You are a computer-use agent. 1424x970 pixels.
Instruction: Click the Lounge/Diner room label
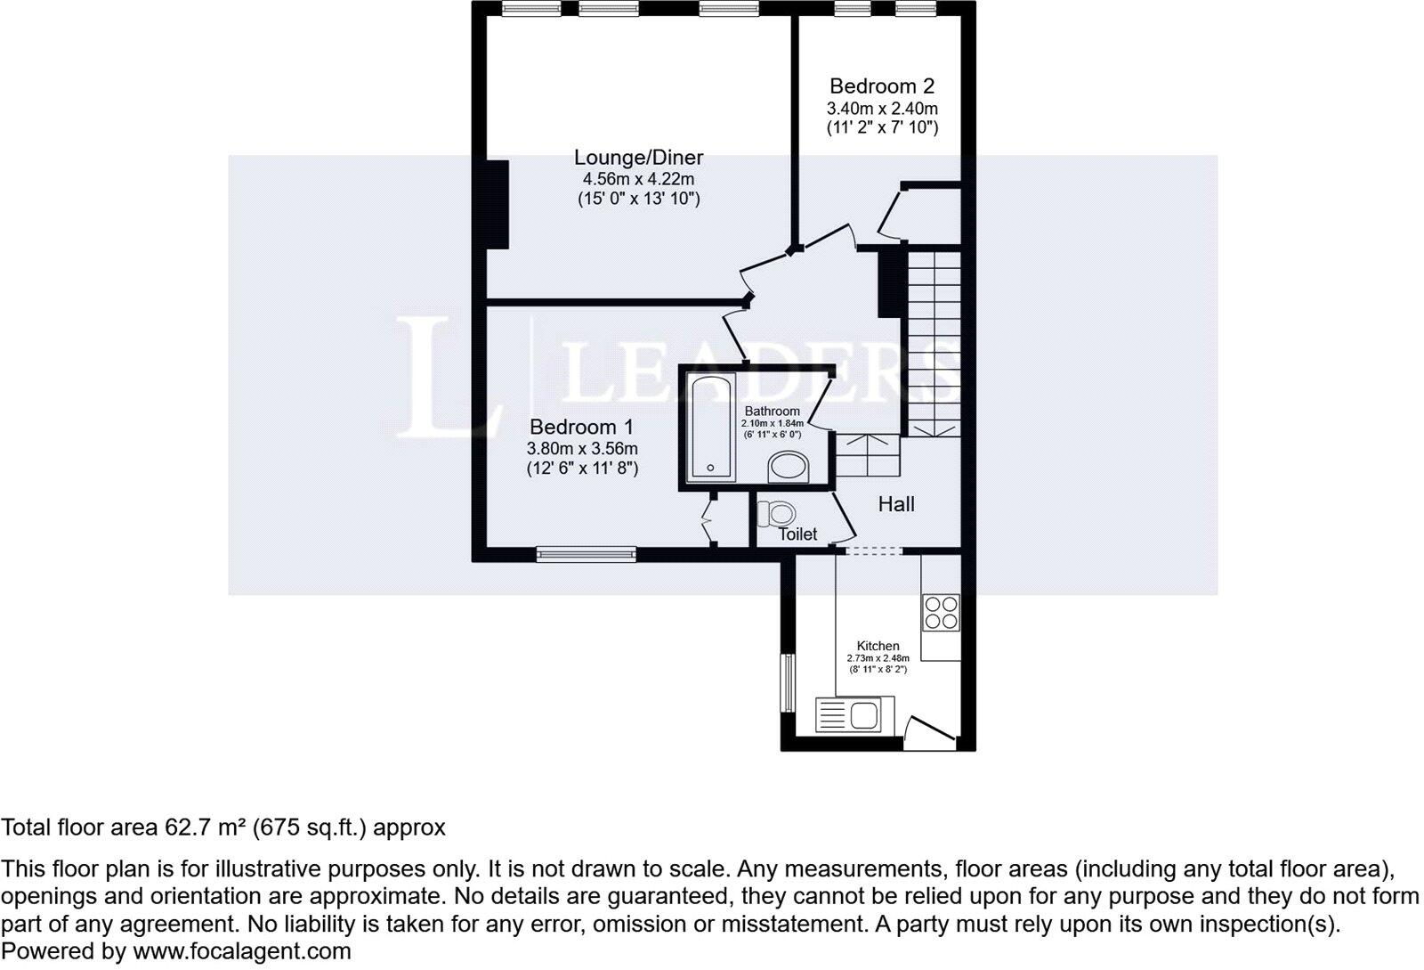(x=638, y=158)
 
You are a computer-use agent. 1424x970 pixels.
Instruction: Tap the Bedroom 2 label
(x=881, y=86)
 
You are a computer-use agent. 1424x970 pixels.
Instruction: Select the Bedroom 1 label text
(x=582, y=427)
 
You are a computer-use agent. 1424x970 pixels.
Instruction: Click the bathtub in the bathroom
(x=711, y=428)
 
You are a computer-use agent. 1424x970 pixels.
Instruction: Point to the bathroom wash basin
(x=787, y=466)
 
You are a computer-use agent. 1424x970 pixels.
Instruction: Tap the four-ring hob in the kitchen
(x=941, y=612)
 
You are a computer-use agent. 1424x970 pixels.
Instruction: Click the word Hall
(x=896, y=504)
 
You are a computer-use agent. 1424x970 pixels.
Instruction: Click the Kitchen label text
(x=878, y=646)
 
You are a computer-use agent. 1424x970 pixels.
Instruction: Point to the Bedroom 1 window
(x=587, y=554)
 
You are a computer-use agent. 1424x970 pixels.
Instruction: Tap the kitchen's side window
(x=788, y=683)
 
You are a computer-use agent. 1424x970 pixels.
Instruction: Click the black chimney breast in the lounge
(x=497, y=205)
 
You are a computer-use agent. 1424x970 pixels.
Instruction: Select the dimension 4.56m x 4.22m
(x=638, y=179)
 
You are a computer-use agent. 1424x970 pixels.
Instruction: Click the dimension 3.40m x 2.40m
(x=881, y=109)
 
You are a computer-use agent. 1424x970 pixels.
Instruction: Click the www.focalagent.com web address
(x=242, y=951)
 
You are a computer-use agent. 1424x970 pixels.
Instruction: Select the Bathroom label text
(x=772, y=412)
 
